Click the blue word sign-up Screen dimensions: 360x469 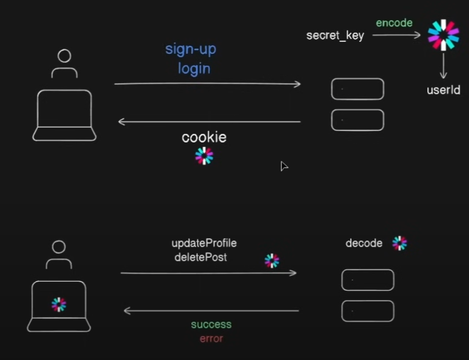(x=191, y=49)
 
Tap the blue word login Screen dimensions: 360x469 (x=194, y=69)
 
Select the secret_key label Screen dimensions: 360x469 (x=335, y=35)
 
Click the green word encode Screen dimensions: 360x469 (x=394, y=23)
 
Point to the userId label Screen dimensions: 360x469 (x=443, y=90)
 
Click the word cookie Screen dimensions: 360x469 (x=204, y=137)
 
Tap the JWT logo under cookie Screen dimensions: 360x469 (x=204, y=156)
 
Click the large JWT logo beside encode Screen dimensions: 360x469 (x=444, y=35)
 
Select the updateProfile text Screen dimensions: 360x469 (x=204, y=243)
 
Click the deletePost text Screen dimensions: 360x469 (x=200, y=258)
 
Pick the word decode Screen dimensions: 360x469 (x=364, y=243)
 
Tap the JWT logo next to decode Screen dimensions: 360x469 (x=400, y=243)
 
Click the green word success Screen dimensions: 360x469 (x=211, y=325)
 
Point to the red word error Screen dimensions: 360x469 (x=211, y=338)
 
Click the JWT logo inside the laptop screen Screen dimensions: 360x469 (x=58, y=304)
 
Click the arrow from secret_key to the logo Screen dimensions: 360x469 (x=396, y=35)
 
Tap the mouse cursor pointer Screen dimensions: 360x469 (x=284, y=166)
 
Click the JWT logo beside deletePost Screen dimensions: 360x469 (x=272, y=261)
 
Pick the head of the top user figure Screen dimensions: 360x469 (x=65, y=56)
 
